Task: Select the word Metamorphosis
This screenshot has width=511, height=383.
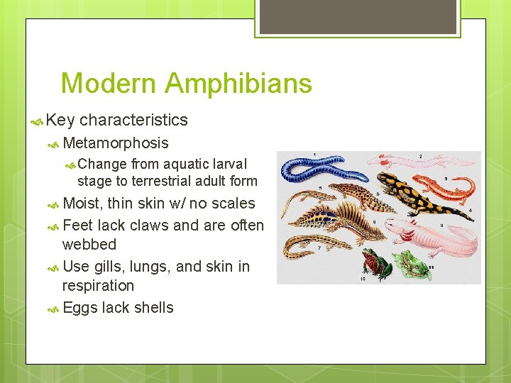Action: (116, 143)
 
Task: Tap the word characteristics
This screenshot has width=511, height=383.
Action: (133, 120)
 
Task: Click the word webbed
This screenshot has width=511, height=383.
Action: (89, 244)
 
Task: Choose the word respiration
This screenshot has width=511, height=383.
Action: (98, 285)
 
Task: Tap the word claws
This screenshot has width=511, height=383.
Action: (148, 225)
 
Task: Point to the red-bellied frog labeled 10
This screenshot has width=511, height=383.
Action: (370, 263)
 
